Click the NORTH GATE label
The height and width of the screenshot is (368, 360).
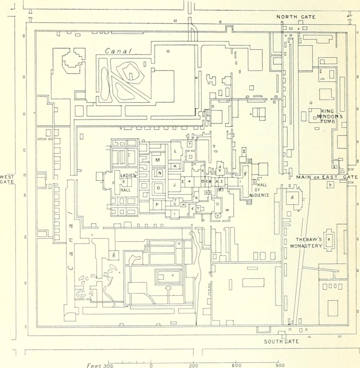[296, 17]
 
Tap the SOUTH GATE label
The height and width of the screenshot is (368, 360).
[282, 341]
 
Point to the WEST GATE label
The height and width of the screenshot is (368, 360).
[7, 179]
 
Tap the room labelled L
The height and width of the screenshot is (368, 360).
[176, 151]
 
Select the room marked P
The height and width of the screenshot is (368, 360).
[157, 204]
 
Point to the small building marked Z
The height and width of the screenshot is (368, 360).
[244, 151]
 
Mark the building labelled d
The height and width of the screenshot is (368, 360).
[292, 197]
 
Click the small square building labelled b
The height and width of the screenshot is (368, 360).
[329, 185]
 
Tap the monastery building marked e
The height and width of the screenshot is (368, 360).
[329, 239]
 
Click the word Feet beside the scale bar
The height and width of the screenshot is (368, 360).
[94, 365]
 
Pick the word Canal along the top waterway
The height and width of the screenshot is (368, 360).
[118, 51]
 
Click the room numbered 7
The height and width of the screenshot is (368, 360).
[189, 144]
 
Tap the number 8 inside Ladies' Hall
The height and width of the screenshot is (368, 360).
[124, 182]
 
